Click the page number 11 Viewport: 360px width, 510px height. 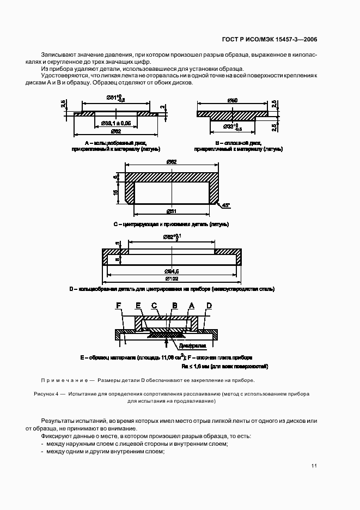click(314, 466)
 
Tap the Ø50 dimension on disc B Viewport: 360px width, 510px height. click(232, 101)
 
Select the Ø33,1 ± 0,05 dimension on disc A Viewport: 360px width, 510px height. click(117, 124)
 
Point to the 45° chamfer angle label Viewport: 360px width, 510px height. click(225, 205)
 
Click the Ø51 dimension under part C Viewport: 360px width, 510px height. click(172, 211)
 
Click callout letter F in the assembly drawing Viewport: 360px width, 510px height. click(118, 306)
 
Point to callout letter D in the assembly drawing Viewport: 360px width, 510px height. click(208, 306)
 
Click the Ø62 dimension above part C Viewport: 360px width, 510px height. click(172, 162)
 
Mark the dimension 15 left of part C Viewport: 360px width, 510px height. click(116, 192)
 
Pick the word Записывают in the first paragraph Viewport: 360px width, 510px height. click(57, 55)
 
